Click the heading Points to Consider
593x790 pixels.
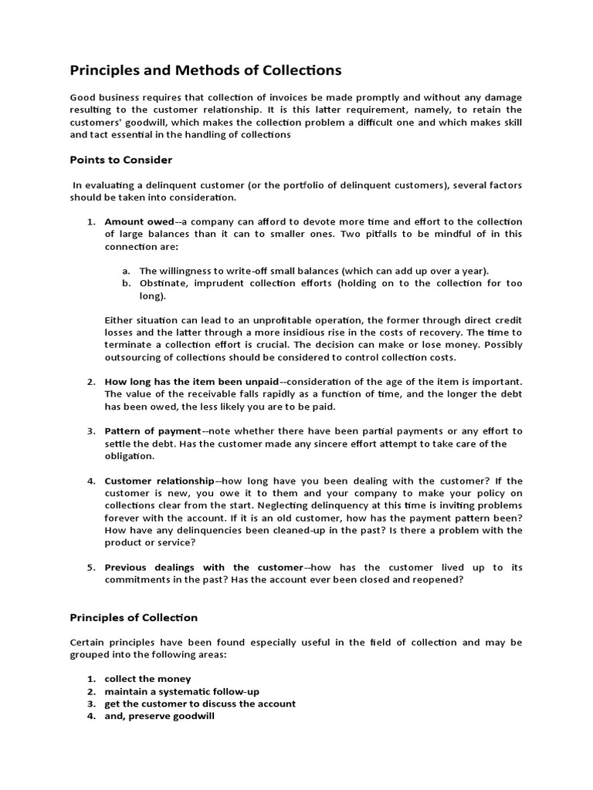(121, 160)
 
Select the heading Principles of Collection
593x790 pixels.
(134, 617)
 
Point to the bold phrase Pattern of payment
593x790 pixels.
(153, 430)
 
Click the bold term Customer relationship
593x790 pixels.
(159, 481)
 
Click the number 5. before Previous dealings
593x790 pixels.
(90, 567)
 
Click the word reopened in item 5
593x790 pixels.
(437, 579)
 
